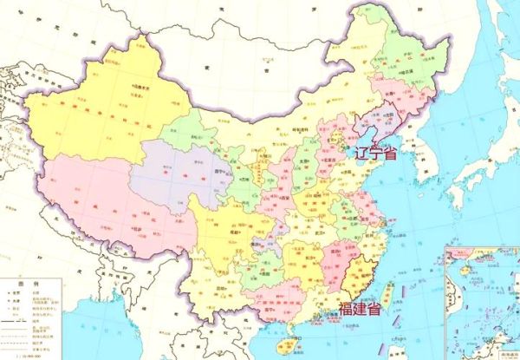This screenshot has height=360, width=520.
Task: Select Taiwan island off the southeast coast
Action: point(387,294)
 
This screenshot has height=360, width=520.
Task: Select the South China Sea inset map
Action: point(481,299)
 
